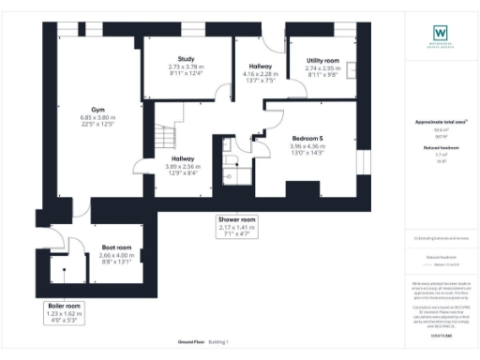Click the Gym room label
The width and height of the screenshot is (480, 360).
[x=97, y=108]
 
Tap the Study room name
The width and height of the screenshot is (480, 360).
[x=172, y=58]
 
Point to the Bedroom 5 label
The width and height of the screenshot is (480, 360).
[x=307, y=139]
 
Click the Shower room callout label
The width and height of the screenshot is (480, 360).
[x=236, y=220]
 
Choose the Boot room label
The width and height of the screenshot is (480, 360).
[x=116, y=247]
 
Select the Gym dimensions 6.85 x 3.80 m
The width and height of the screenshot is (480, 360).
[x=97, y=116]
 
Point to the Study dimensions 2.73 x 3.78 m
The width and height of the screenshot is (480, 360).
[x=172, y=67]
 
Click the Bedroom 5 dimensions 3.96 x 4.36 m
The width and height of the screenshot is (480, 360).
[x=307, y=146]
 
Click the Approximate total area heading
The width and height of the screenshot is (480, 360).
[x=441, y=123]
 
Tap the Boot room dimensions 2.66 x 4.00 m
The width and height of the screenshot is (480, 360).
[x=116, y=255]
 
